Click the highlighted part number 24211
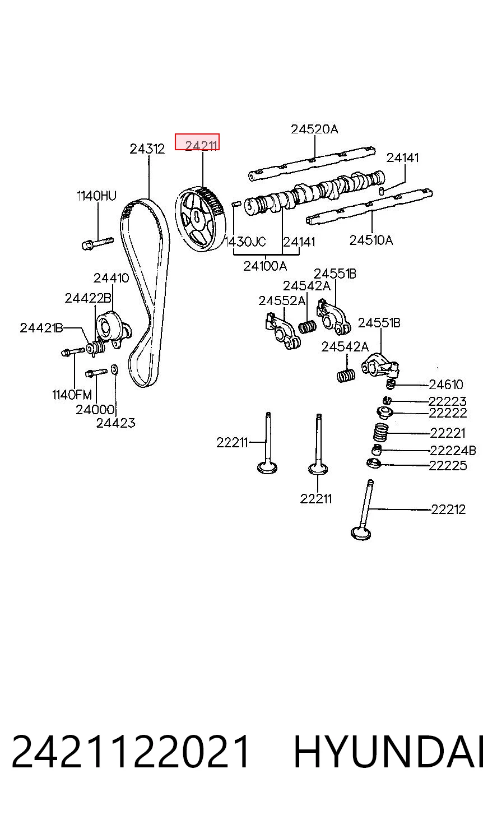[201, 146]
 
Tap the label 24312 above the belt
[147, 149]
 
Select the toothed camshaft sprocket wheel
[200, 219]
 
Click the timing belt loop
[145, 291]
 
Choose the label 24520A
[314, 129]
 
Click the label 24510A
[371, 240]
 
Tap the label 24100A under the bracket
[265, 266]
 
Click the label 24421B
[41, 328]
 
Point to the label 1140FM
[72, 395]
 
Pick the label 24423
[115, 423]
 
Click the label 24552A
[282, 301]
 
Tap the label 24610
[446, 385]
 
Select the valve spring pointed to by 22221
[380, 432]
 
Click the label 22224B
[453, 451]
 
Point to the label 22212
[449, 510]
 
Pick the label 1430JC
[246, 242]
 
